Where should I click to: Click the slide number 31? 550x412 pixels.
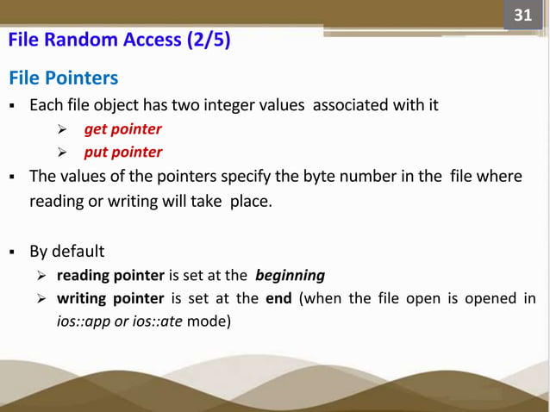click(x=522, y=16)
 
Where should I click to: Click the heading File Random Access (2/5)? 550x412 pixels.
click(x=119, y=41)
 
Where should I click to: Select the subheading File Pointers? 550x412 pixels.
click(x=63, y=78)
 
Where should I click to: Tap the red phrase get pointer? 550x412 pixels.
click(x=122, y=129)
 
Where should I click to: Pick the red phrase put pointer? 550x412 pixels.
click(x=122, y=153)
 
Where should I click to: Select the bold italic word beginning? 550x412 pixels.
click(x=290, y=276)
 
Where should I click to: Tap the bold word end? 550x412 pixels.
click(x=278, y=299)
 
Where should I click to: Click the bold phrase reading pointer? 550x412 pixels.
click(x=110, y=276)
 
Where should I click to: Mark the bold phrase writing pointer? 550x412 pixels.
click(x=110, y=299)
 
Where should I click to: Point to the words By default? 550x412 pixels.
click(x=66, y=252)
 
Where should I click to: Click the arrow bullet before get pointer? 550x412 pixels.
click(x=62, y=130)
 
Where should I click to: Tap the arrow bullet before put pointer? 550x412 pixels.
click(x=62, y=153)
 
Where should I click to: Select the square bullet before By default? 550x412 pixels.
click(x=13, y=253)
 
